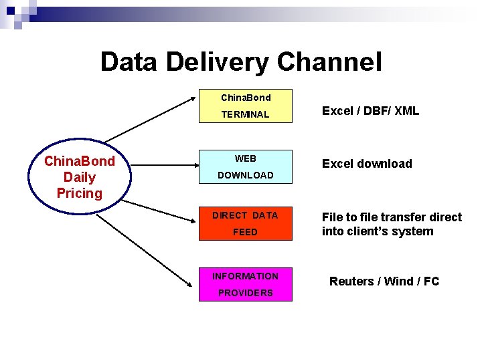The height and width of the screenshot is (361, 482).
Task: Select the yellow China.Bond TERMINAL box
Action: (x=246, y=106)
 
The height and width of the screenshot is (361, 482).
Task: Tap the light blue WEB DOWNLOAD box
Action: (x=246, y=167)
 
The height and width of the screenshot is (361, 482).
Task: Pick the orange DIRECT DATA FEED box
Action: (x=246, y=223)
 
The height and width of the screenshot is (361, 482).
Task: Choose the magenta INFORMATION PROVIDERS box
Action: (x=246, y=284)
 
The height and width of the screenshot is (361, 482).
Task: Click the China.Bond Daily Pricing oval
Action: (x=80, y=177)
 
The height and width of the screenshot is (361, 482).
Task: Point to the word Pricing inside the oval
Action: (x=80, y=193)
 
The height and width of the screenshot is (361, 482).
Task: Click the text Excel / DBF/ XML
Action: (x=370, y=111)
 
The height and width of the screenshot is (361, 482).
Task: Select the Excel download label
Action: (x=367, y=164)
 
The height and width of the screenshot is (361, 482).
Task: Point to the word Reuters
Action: (x=351, y=281)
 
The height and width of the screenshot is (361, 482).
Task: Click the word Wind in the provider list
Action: (x=398, y=281)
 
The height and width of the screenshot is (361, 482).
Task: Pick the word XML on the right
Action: (x=406, y=111)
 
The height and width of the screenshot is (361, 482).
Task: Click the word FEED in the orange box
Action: (x=245, y=232)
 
